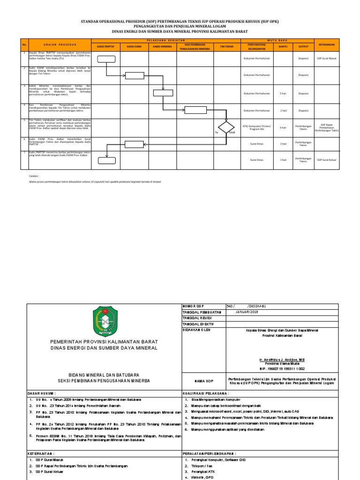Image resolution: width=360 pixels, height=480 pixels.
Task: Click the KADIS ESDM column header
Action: pos(135,47)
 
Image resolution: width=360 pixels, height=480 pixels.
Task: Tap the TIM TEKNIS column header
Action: pos(226,47)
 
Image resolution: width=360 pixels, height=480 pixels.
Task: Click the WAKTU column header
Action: pos(283,47)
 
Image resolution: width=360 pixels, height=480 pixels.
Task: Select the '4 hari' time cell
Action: pos(283,127)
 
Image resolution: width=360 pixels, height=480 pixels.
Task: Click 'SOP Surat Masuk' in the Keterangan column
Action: pos(326,59)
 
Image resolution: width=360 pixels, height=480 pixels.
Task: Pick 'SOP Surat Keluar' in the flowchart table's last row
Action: pos(326,160)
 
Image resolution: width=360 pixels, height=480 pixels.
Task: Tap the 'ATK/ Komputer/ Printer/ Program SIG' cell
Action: pos(257,127)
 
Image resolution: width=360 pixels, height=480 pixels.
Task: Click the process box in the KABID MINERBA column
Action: pos(163,92)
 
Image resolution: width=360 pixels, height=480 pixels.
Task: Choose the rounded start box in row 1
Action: pos(106,59)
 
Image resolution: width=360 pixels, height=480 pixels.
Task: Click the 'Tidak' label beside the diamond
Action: pos(232,133)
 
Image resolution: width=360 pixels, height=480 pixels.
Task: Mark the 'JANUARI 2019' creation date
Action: pos(247,311)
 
